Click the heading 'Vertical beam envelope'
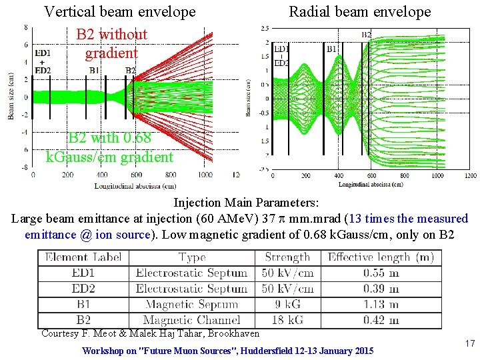point(119,12)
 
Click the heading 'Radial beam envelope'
point(359,12)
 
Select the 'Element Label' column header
point(83,257)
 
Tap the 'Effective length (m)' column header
point(381,257)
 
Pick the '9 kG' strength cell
point(289,304)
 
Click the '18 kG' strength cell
point(289,319)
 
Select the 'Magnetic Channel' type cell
point(191,319)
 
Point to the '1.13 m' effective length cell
point(381,304)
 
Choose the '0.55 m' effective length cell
point(381,273)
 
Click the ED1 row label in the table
point(83,273)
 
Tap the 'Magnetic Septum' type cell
point(191,304)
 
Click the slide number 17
point(469,343)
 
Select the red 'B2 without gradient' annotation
point(111,43)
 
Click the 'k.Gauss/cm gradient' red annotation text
point(109,157)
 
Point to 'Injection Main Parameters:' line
point(246,202)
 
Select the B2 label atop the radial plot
point(367,34)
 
